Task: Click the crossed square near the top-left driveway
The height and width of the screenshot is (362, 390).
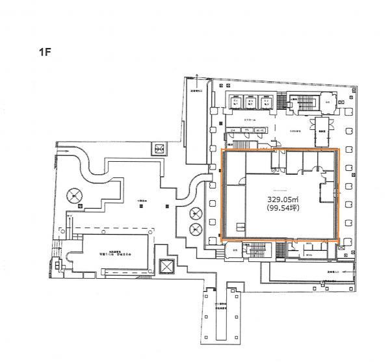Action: [x=159, y=148]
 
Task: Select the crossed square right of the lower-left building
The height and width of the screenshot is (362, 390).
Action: [x=166, y=266]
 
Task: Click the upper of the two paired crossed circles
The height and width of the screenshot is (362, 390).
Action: [x=195, y=213]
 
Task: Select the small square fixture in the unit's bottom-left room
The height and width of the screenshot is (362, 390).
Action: [x=240, y=227]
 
